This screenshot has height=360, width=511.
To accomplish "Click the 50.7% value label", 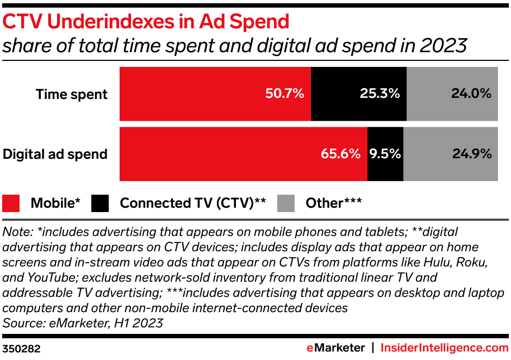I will [x=284, y=94].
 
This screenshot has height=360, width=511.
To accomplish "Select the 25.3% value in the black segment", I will [x=380, y=94].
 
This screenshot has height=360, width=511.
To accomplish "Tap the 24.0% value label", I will [x=471, y=94].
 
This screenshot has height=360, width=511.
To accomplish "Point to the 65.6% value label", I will [x=341, y=154].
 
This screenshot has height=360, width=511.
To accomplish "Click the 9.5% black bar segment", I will [x=385, y=154].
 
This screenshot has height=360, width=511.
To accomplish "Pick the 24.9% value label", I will [x=472, y=154].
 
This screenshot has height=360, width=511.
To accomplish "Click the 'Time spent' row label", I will [x=72, y=94].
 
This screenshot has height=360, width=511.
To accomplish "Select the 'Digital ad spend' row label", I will [x=55, y=154].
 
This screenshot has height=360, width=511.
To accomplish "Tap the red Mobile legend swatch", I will [x=11, y=203].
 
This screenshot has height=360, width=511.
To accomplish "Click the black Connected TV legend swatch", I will [x=101, y=203].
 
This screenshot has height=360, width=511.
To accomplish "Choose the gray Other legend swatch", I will [x=286, y=203].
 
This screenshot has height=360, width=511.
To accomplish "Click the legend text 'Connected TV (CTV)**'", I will [x=192, y=203].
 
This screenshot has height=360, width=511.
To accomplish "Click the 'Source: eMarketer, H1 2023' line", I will [x=83, y=323].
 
